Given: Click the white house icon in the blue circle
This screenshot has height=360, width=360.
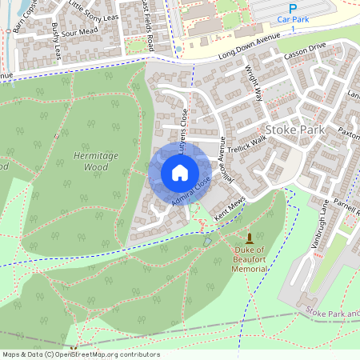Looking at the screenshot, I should pyautogui.click(x=180, y=172).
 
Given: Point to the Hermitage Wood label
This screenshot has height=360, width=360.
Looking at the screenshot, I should pyautogui.click(x=95, y=161).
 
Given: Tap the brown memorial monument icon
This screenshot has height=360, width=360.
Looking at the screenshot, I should pyautogui.click(x=250, y=238).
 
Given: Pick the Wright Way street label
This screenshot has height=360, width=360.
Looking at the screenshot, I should pyautogui.click(x=254, y=82).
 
